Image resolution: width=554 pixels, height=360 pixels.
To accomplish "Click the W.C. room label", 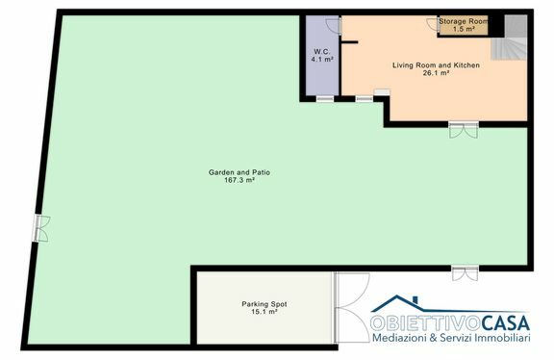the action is click(x=322, y=52).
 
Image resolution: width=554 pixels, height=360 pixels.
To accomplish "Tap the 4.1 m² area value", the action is click(x=322, y=60).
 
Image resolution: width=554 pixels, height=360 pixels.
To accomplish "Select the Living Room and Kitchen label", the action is click(x=436, y=65).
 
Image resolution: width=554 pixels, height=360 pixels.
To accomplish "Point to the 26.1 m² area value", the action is click(x=436, y=73).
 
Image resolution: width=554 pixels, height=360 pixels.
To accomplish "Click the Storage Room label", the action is click(x=464, y=21).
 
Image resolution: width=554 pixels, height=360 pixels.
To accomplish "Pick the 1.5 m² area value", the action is click(x=464, y=29).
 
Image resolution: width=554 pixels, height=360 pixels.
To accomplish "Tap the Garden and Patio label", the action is click(x=239, y=172).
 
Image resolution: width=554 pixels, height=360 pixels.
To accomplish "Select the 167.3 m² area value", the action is click(x=239, y=180).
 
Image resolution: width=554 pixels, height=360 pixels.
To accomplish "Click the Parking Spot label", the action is click(x=264, y=304).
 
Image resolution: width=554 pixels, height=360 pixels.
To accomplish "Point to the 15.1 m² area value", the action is click(x=264, y=312).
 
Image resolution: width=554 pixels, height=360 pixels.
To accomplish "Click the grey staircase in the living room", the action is click(x=510, y=38).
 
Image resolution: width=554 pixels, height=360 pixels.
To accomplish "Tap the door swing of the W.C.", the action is click(x=333, y=25).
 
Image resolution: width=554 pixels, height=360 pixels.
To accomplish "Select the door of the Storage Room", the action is click(x=433, y=24).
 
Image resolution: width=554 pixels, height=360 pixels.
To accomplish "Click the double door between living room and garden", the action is click(x=464, y=130).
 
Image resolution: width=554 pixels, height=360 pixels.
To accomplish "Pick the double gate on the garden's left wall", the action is click(x=41, y=228).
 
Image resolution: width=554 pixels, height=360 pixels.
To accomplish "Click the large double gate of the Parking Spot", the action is click(x=352, y=307).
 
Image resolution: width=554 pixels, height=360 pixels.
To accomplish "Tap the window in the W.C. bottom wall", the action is click(x=325, y=99).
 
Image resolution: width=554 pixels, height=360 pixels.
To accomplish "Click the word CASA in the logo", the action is click(x=505, y=322).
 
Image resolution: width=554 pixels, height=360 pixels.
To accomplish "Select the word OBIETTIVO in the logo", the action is click(x=425, y=322).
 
